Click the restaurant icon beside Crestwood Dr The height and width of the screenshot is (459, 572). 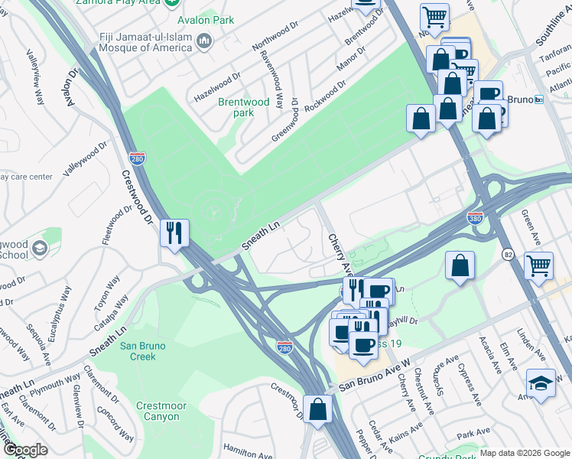point(174,233)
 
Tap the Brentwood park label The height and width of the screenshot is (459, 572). point(243,107)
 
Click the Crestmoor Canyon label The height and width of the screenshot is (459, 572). point(158,411)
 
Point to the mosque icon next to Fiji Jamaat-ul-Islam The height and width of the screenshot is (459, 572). point(203,41)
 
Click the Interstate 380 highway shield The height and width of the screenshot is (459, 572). point(475,218)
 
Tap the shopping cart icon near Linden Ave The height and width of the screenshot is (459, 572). point(539,265)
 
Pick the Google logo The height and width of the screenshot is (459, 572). point(24,449)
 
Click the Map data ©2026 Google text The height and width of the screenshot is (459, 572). point(525,453)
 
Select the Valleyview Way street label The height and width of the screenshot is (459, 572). point(34,77)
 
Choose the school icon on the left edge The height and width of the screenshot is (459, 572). point(40,249)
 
